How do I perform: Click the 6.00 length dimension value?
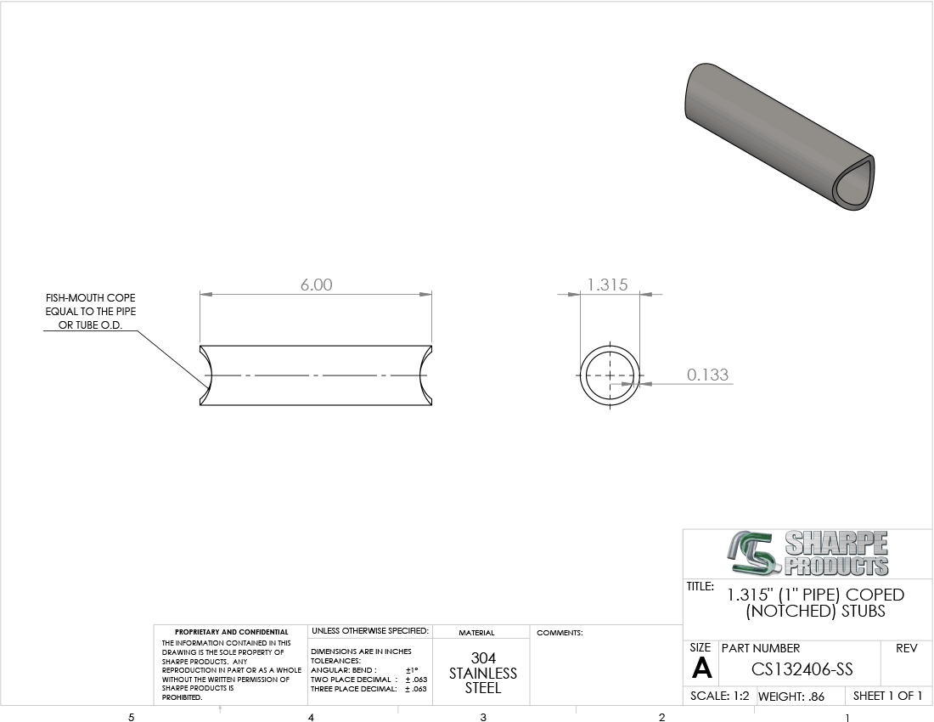click(317, 285)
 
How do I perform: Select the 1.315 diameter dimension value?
click(608, 285)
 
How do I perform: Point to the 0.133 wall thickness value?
click(707, 375)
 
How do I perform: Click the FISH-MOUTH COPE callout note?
click(91, 312)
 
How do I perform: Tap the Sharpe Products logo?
click(807, 554)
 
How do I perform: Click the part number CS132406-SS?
click(802, 669)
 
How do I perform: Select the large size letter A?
click(701, 668)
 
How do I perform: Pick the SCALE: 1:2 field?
click(719, 696)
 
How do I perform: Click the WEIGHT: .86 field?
click(791, 697)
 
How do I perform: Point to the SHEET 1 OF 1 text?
click(887, 696)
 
